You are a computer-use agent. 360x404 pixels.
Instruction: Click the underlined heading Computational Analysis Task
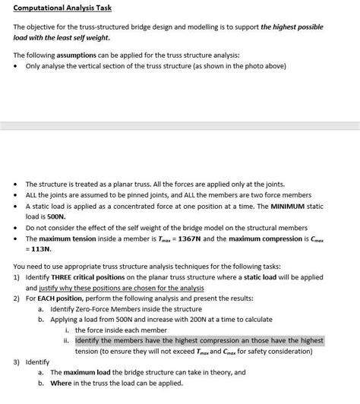(x=63, y=8)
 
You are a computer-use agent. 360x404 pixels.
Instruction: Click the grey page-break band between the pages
(x=180, y=125)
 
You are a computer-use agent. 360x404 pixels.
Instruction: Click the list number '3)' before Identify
(x=17, y=362)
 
